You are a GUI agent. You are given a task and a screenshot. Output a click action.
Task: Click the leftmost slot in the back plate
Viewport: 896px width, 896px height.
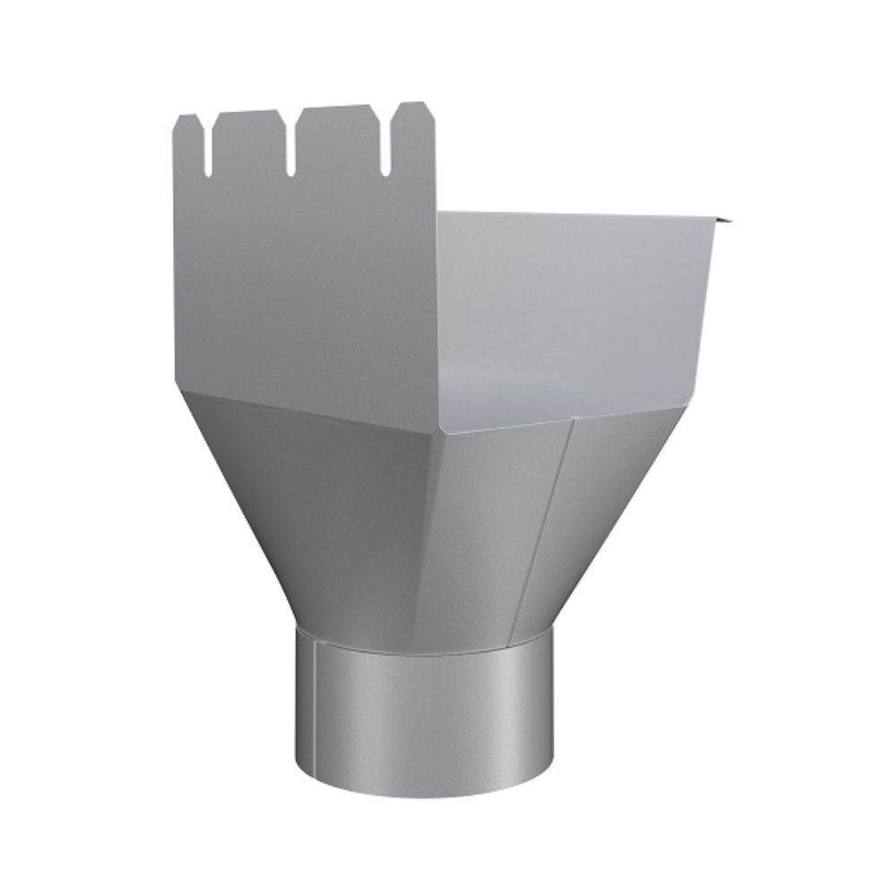tap(207, 148)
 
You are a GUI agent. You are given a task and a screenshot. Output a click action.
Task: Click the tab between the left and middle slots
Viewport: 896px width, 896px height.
tap(248, 134)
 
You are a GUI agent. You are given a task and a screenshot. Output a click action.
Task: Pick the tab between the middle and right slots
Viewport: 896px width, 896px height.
tap(338, 130)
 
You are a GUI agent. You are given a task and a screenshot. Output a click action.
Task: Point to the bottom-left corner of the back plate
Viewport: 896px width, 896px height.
tap(177, 382)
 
